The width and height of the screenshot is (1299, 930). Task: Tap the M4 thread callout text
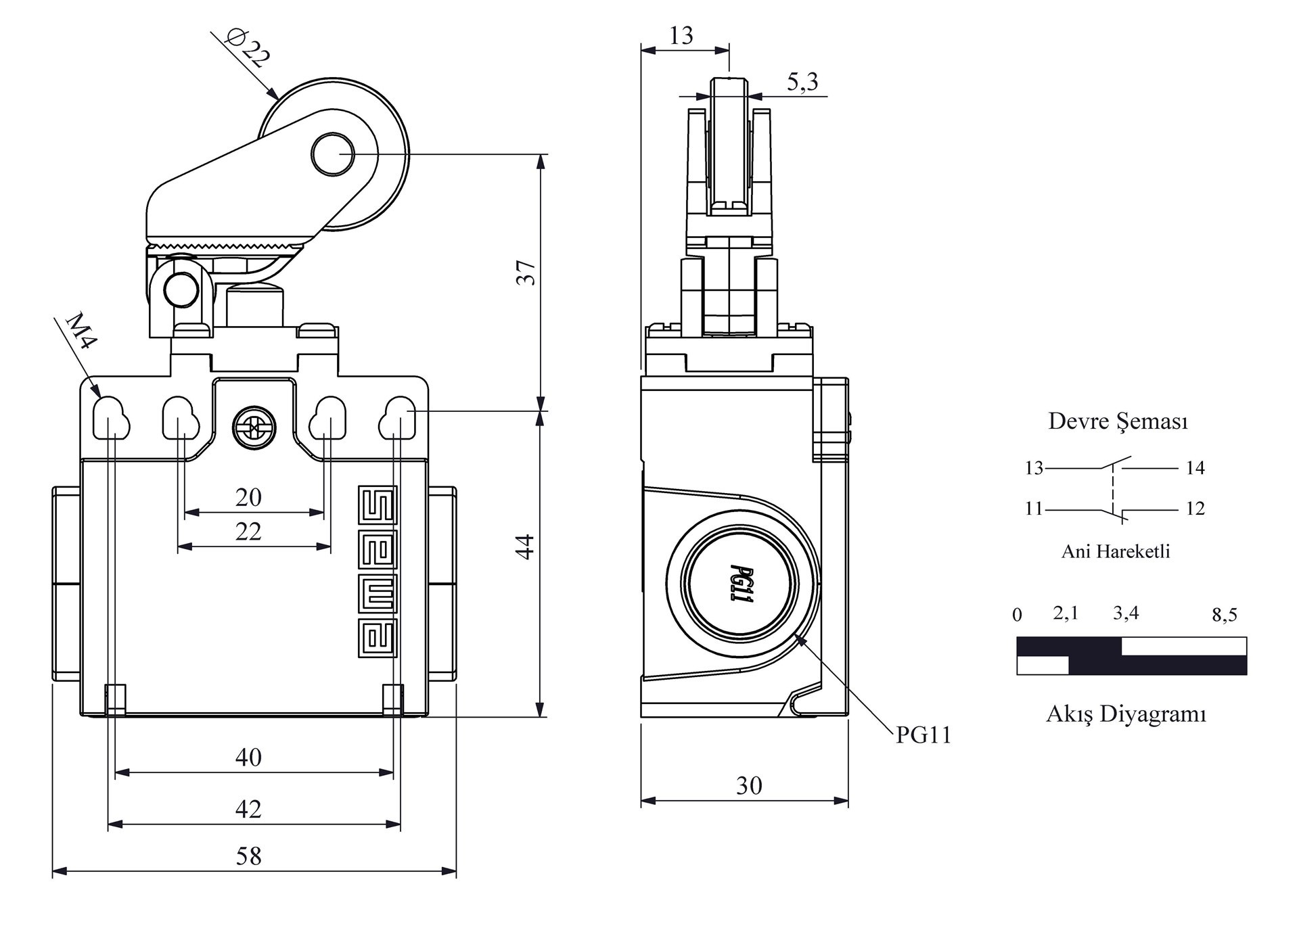point(81,330)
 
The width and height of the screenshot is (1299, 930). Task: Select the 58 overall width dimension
point(248,856)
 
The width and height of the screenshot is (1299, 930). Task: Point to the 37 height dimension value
point(526,272)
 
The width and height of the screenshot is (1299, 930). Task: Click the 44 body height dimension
point(526,547)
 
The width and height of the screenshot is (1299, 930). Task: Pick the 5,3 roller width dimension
point(802,82)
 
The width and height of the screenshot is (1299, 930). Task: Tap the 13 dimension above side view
point(681,36)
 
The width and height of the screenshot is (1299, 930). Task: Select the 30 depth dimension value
point(749,786)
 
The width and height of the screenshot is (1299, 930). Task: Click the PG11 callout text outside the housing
point(924,735)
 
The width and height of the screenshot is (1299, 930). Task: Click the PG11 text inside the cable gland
point(742,584)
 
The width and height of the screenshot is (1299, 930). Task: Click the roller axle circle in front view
point(332,154)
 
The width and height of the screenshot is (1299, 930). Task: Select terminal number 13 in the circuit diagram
point(1034,468)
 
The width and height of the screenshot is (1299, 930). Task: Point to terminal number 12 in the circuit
point(1195,509)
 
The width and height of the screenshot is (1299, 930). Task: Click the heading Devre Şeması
point(1118,421)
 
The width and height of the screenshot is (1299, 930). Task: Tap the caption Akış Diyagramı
point(1126,714)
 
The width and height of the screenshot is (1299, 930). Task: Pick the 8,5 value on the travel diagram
point(1224,615)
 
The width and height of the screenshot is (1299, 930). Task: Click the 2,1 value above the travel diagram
point(1066,613)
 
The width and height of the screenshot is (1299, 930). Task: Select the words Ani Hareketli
point(1116,552)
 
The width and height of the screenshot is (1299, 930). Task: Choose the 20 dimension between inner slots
point(248,498)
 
